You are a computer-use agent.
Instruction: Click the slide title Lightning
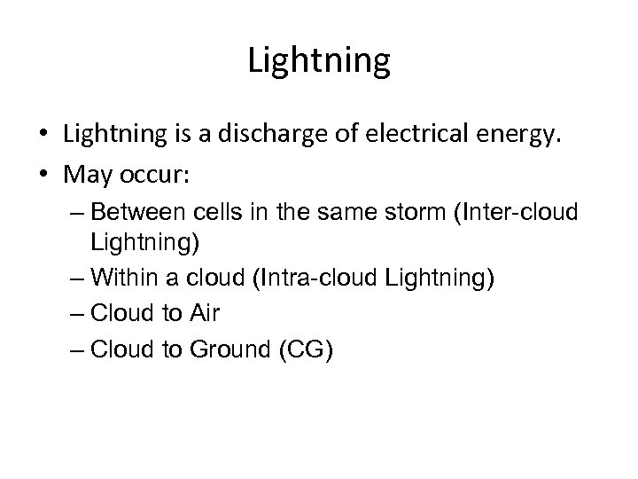coord(319,60)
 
